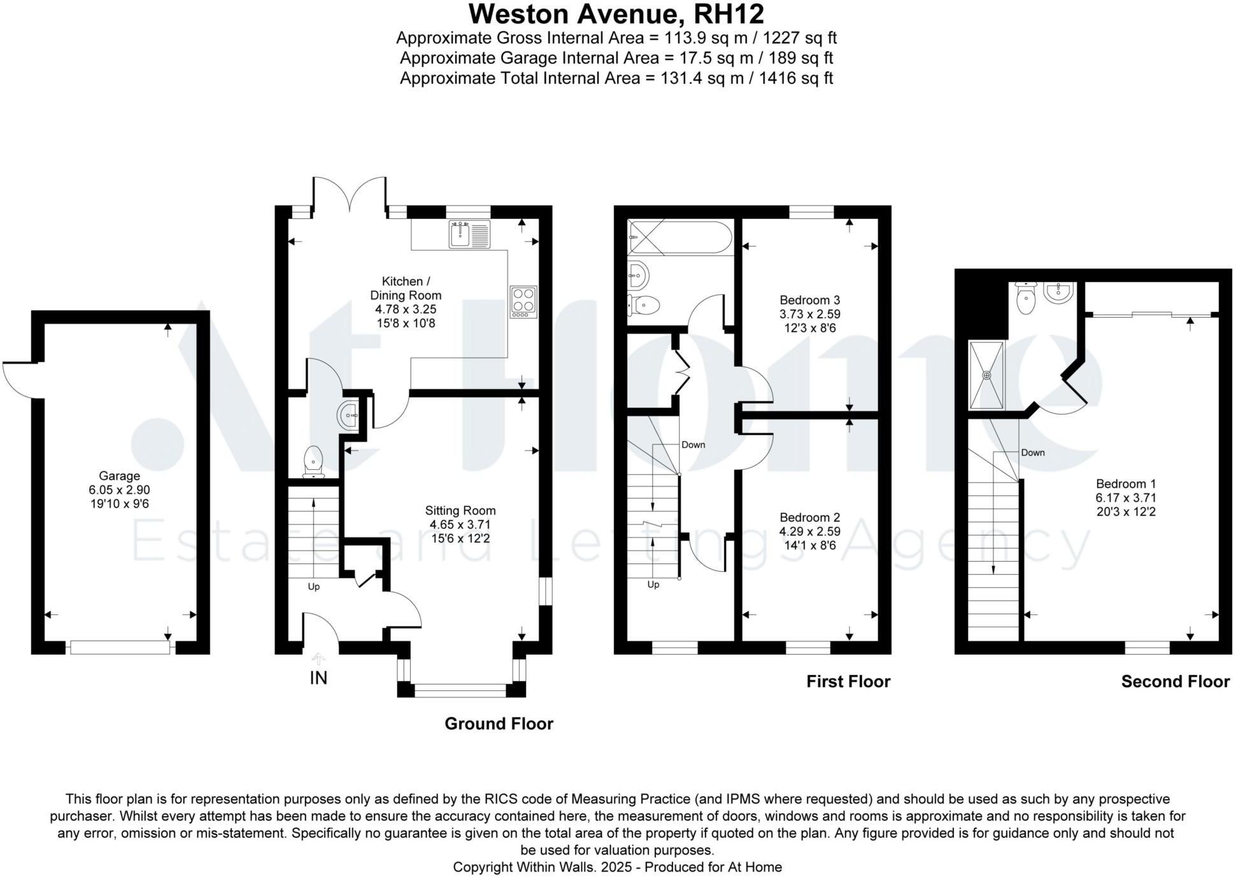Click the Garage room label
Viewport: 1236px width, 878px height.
(119, 476)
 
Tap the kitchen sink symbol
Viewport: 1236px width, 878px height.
(469, 234)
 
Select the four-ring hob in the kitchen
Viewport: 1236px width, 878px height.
(523, 302)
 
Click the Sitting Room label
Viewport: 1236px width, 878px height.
(460, 511)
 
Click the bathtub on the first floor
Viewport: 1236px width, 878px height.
(679, 238)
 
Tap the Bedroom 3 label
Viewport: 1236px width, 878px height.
(809, 300)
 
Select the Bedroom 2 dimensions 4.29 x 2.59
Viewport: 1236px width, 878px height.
(809, 532)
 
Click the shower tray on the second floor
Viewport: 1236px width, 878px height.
(986, 375)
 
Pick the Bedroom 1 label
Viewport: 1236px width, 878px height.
(1125, 484)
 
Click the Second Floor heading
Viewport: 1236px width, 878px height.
(1175, 682)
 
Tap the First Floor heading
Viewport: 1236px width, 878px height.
(848, 682)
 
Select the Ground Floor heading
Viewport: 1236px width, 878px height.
(499, 724)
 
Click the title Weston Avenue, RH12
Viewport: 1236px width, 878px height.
(616, 14)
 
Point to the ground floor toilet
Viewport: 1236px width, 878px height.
(313, 462)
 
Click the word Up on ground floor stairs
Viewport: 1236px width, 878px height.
(313, 586)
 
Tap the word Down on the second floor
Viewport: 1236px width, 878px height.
(1032, 453)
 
